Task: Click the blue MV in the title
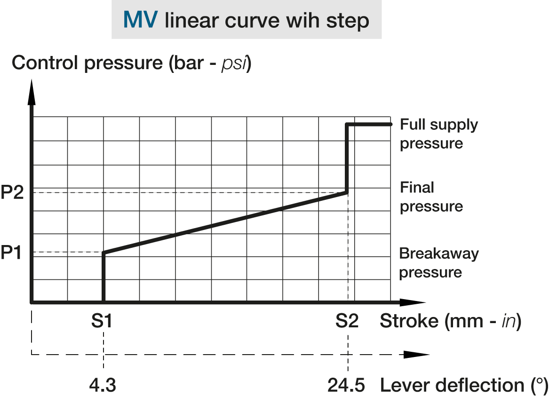point(141,21)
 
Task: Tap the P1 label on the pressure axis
point(11,253)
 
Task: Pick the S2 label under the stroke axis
point(347,322)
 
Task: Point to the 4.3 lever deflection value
point(103,386)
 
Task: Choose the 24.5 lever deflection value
point(347,386)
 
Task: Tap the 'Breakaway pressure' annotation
point(438,262)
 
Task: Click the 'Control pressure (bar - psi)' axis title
point(132,63)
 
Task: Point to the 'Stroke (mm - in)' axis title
point(450,322)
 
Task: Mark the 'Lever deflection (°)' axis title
point(463,386)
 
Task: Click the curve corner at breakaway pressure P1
point(103,253)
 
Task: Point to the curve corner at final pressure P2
point(347,192)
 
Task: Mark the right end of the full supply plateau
point(390,124)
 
